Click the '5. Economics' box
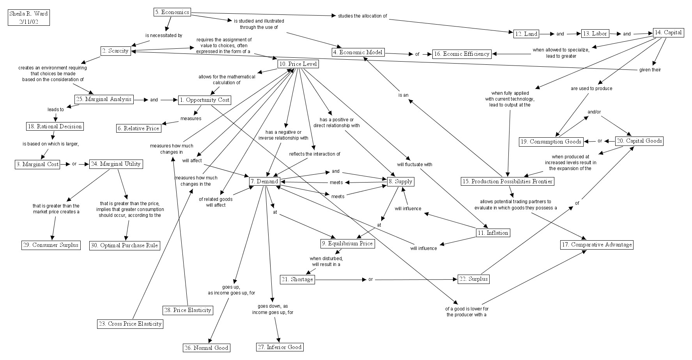click(x=172, y=12)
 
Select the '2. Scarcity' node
click(x=115, y=51)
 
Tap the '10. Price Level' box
click(x=298, y=64)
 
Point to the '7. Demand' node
click(x=264, y=181)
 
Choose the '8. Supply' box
click(x=400, y=181)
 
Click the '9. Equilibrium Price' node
click(x=347, y=244)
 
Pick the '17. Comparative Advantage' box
click(x=596, y=245)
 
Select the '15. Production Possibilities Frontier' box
click(x=507, y=181)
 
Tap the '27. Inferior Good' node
click(x=280, y=347)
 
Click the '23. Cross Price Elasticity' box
click(x=130, y=324)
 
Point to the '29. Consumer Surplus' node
click(x=51, y=245)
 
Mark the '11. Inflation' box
click(x=493, y=233)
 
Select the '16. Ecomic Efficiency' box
click(x=462, y=54)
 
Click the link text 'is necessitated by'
click(x=164, y=35)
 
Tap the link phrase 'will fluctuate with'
click(x=414, y=165)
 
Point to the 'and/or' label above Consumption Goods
click(x=594, y=112)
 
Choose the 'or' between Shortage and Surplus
click(x=371, y=279)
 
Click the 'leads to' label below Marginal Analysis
click(x=56, y=110)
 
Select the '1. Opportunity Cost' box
click(x=205, y=100)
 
